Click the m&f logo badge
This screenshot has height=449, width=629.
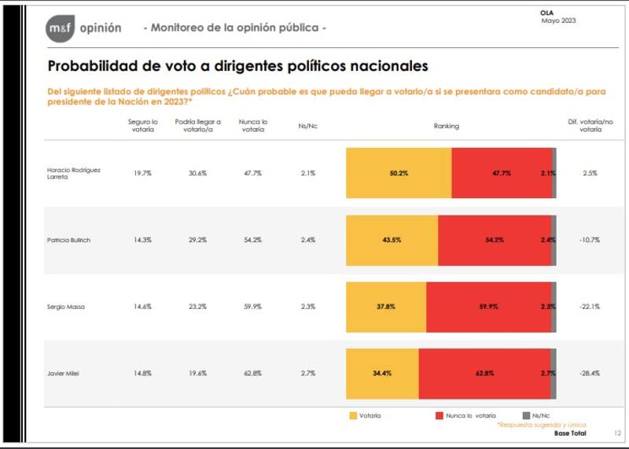tap(59, 28)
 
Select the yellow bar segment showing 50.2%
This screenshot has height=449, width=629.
tap(399, 173)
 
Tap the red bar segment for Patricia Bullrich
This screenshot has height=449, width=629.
tap(495, 240)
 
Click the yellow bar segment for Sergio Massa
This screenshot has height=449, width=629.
tap(386, 307)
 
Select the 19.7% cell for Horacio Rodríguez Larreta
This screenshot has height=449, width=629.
tap(142, 172)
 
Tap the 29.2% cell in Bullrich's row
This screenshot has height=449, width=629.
tap(197, 239)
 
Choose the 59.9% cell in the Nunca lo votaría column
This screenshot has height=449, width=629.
tap(252, 307)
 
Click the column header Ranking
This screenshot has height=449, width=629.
tap(447, 126)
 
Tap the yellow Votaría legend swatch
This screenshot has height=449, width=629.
tap(353, 414)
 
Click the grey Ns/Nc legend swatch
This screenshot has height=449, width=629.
tap(526, 414)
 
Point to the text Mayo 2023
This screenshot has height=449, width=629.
tap(558, 21)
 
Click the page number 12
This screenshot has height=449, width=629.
tap(616, 433)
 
